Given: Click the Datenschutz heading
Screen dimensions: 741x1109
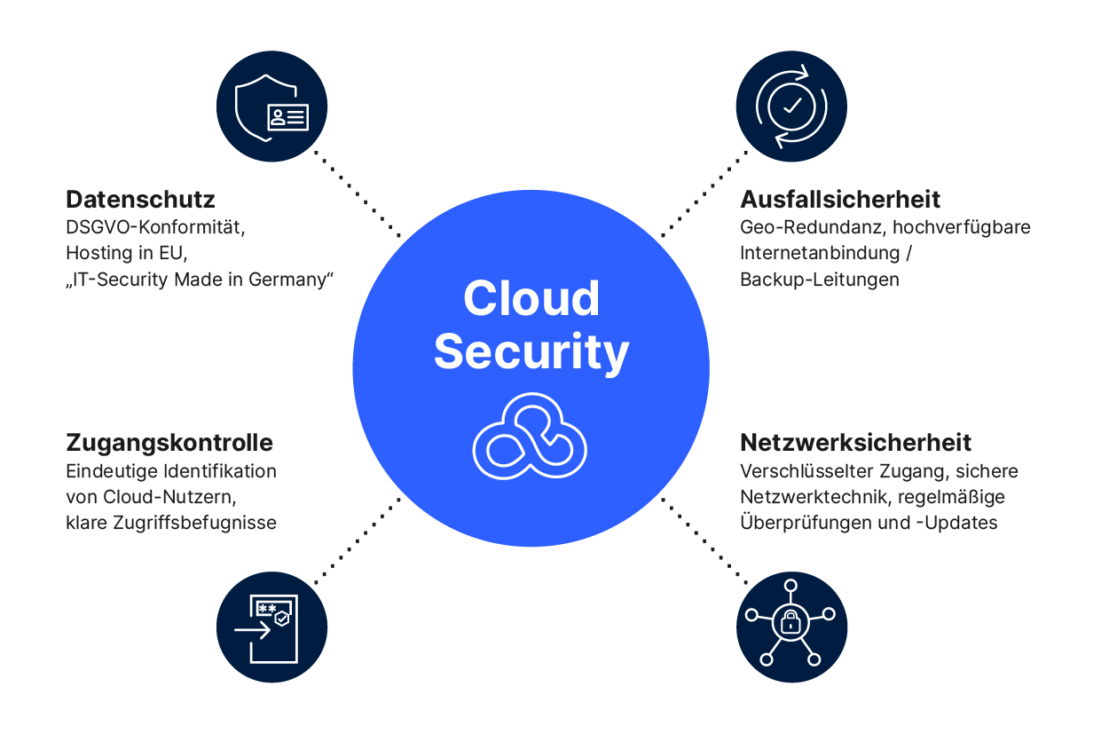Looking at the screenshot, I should click(x=140, y=199).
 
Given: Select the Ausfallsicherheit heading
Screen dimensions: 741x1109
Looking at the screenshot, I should click(x=839, y=199).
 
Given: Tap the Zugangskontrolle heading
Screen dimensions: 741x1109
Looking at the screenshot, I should click(x=169, y=442).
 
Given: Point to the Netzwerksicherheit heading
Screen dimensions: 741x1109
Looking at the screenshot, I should click(x=855, y=442).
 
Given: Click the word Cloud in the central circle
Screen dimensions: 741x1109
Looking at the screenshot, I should click(x=531, y=299).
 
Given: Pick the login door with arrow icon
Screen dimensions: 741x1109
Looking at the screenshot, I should click(x=271, y=627).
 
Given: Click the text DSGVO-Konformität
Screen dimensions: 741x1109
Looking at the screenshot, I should click(x=154, y=227).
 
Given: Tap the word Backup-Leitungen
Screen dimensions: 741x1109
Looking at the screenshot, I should click(x=819, y=280).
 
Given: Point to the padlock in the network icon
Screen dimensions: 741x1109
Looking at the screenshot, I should click(x=790, y=623).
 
